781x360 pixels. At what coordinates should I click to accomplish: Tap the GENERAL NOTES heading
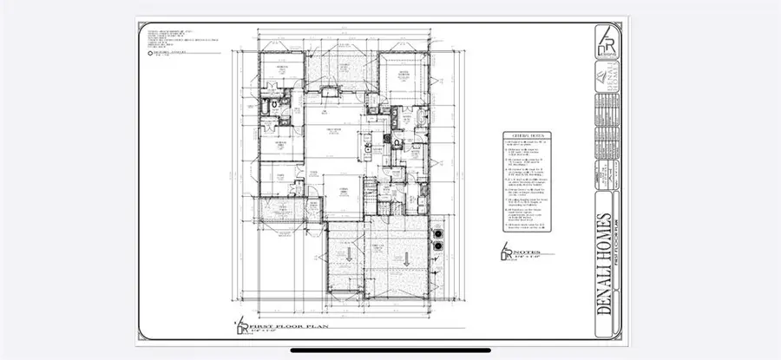tap(525, 137)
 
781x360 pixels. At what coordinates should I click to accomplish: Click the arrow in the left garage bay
tap(348, 254)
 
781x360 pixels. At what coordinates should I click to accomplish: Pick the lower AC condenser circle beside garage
tap(438, 245)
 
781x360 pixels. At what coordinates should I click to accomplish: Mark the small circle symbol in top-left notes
tap(154, 53)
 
